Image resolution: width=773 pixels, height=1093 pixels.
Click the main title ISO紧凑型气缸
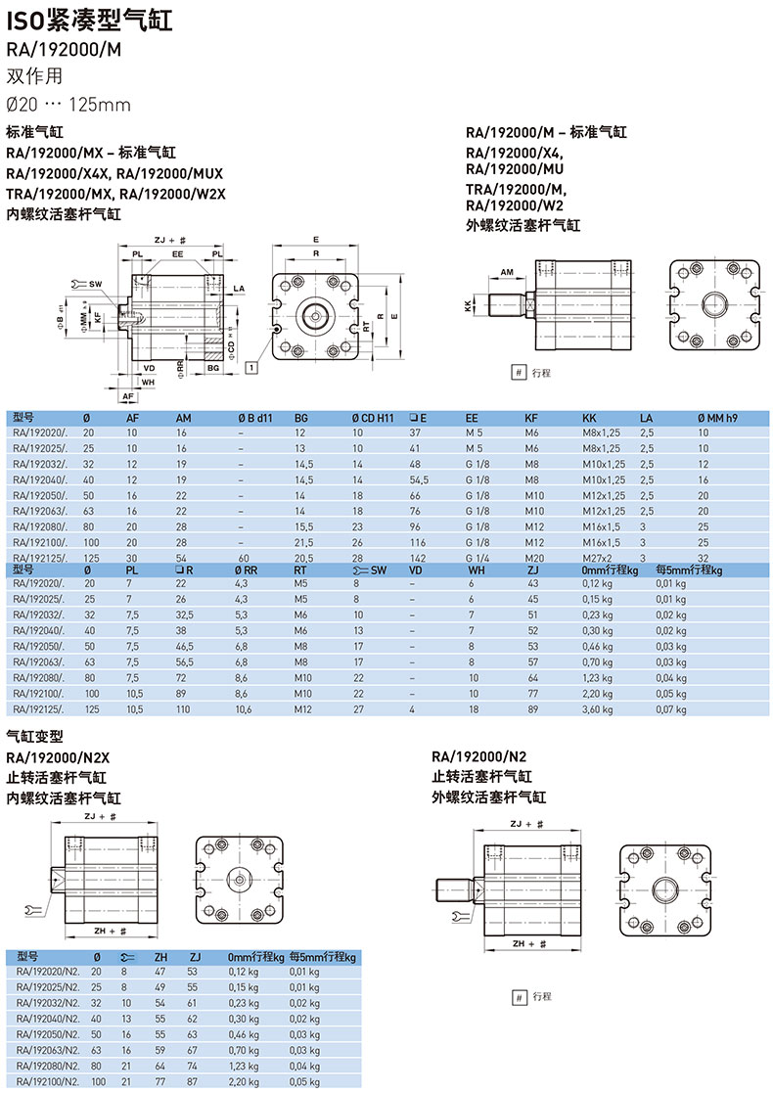coord(89,21)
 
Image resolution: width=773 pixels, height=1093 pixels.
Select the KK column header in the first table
coord(590,418)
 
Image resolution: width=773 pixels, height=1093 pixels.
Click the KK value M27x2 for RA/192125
coord(597,559)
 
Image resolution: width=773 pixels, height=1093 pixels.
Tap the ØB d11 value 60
coord(244,559)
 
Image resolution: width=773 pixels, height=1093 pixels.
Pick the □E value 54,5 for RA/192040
coord(419,479)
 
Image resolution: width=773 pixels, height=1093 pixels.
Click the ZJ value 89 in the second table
coord(533,709)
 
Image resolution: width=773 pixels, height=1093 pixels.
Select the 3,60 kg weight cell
coord(597,709)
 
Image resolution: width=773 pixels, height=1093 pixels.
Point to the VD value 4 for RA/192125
coord(412,709)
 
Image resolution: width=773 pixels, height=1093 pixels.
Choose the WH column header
coord(477,570)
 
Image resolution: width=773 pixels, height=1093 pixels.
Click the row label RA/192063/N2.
coord(48,1051)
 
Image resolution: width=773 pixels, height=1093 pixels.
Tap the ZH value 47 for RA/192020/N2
coord(160,972)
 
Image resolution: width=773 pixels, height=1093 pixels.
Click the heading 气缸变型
coord(35,736)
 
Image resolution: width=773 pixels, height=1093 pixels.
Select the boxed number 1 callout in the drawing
coord(251,367)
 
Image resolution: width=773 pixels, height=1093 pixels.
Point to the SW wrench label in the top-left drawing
coord(96,285)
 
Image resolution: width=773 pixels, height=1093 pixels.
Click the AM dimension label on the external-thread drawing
coord(507,273)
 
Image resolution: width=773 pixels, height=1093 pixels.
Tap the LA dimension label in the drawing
coord(239,289)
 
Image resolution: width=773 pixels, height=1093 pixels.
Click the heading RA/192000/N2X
coord(58,757)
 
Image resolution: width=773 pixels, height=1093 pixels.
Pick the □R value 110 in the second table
coord(183,709)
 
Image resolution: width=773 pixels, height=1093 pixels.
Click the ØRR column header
coord(246,570)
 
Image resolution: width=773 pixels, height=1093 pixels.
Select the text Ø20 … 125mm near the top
coord(68,105)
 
